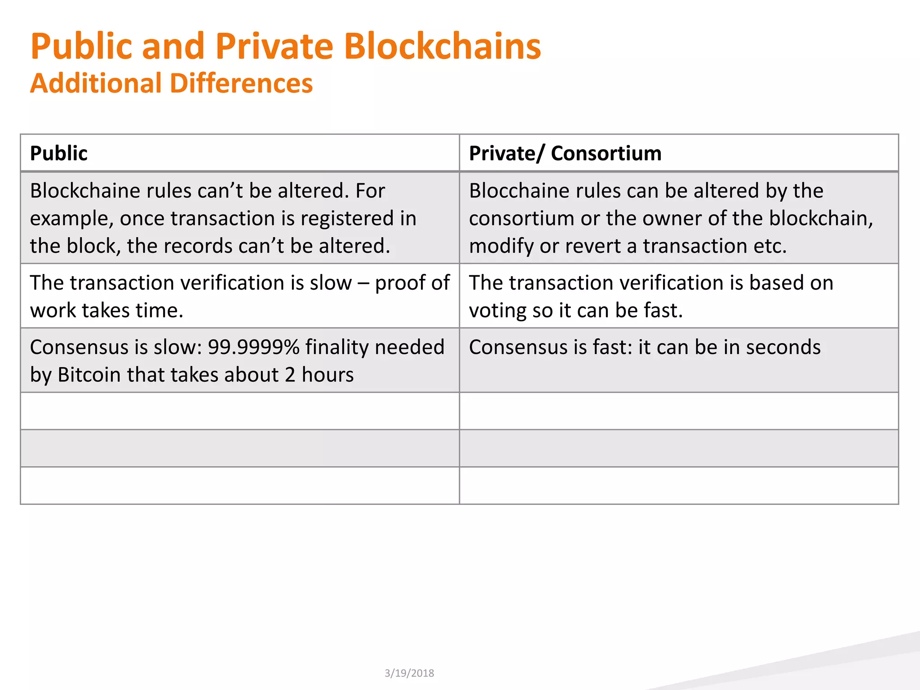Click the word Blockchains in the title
pyautogui.click(x=442, y=46)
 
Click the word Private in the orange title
pyautogui.click(x=274, y=46)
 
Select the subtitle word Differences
pyautogui.click(x=241, y=84)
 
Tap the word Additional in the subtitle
pyautogui.click(x=96, y=84)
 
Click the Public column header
pyautogui.click(x=58, y=153)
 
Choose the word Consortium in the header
pyautogui.click(x=606, y=153)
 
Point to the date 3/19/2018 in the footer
pyautogui.click(x=409, y=673)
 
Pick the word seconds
pyautogui.click(x=783, y=347)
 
